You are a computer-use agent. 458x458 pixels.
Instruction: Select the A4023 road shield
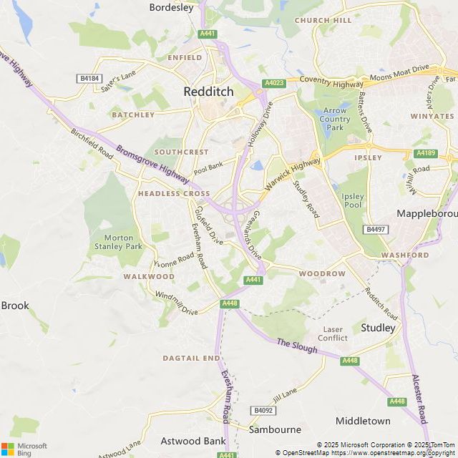[x=274, y=83]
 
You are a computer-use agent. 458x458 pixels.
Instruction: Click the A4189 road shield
[x=425, y=153]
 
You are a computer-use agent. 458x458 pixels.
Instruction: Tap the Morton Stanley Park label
[x=119, y=242]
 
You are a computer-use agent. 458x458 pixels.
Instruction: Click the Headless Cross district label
[x=174, y=194]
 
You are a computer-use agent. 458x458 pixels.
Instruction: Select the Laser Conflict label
[x=333, y=333]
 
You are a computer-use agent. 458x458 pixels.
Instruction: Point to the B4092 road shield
[x=263, y=410]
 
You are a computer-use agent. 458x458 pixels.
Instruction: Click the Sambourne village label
[x=275, y=429]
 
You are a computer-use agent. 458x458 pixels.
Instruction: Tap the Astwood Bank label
[x=187, y=440]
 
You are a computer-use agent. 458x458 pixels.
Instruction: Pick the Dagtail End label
[x=191, y=357]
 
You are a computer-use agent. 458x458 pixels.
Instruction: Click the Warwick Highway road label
[x=293, y=175]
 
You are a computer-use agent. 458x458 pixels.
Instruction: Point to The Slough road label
[x=296, y=346]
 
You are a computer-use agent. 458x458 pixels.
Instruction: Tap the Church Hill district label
[x=323, y=21]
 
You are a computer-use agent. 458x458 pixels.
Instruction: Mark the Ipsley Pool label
[x=353, y=200]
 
